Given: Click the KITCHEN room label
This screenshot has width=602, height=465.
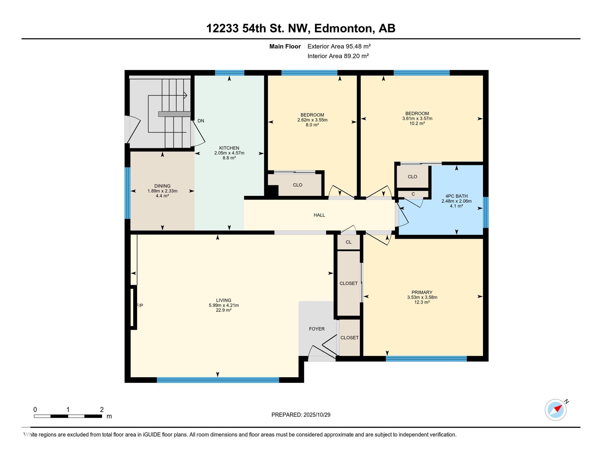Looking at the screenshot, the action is (229, 148).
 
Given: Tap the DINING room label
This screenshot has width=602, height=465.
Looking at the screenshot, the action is (162, 186).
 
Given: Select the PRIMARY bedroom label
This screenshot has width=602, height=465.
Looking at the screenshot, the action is (422, 292).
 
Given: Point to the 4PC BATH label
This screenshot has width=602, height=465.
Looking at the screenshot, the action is (456, 196).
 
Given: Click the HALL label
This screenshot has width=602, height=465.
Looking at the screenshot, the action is (319, 215).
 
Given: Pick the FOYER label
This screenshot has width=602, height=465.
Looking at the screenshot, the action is (317, 329).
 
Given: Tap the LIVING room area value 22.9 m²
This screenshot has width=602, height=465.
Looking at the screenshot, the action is (224, 310).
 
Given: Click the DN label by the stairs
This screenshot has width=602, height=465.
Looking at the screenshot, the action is (201, 121).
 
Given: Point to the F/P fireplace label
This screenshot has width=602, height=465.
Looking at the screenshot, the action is (140, 305).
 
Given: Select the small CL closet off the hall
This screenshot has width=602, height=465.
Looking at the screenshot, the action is (349, 242).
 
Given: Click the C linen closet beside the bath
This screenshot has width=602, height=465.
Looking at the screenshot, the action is (413, 194).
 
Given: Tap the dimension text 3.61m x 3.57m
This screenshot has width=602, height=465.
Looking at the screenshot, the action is (417, 119).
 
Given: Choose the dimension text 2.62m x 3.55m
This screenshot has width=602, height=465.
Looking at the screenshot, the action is (312, 120).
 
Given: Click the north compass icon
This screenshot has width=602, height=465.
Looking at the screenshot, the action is (556, 410).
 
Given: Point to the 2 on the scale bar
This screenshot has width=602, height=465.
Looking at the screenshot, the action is (102, 410).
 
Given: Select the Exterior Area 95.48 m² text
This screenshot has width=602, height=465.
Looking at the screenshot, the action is (339, 46).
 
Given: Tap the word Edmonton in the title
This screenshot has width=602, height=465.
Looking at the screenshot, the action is (343, 28).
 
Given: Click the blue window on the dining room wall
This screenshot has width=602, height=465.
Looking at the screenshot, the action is (127, 193).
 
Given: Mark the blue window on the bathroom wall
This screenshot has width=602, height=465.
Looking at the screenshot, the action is (485, 212).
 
